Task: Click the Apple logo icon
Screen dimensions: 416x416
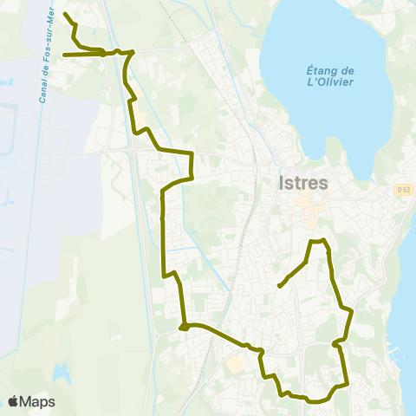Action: coord(14,401)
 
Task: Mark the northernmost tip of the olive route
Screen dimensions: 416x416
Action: coord(65,14)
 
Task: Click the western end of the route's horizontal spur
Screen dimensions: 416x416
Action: coord(64,55)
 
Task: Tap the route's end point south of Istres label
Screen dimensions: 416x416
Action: coord(278,285)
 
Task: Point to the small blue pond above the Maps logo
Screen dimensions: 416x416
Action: coord(62,373)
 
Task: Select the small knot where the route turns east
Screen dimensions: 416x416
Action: coord(184,327)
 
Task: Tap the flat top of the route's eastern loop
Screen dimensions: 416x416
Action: coord(318,240)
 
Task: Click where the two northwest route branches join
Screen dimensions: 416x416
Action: coord(106,53)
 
